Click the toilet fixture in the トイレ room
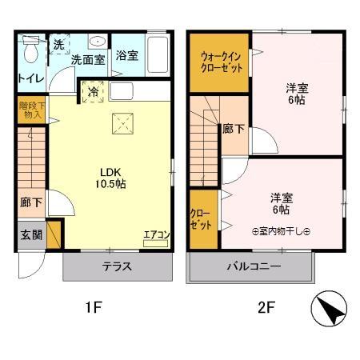29,51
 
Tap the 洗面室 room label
87,58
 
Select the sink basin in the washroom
96,42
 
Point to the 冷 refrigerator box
94,90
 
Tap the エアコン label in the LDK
156,234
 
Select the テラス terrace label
117,266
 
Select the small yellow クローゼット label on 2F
200,218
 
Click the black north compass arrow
330,309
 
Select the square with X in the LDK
122,122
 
